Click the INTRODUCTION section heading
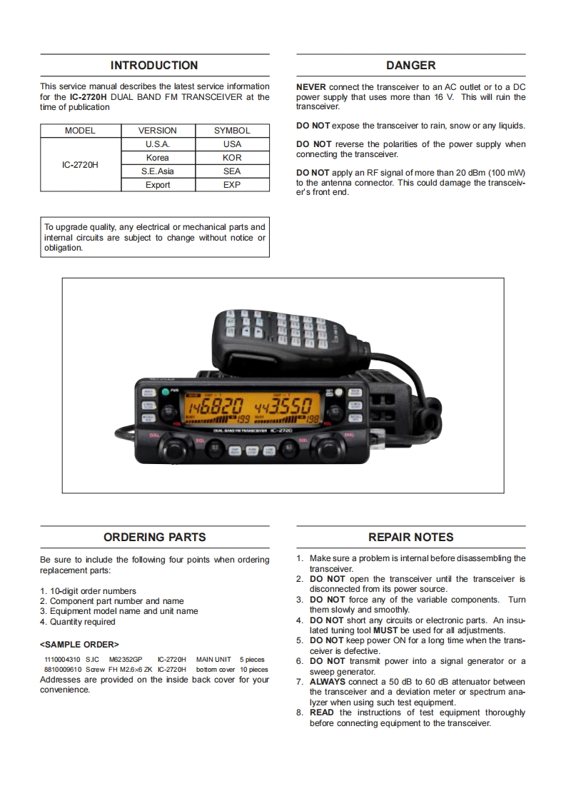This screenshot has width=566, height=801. [x=154, y=66]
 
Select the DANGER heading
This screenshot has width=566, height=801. [x=410, y=66]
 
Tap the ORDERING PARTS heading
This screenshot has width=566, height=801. [x=154, y=538]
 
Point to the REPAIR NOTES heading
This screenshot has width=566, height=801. [x=410, y=538]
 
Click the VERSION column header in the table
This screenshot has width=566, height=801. [x=157, y=131]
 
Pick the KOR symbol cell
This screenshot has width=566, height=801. [x=232, y=158]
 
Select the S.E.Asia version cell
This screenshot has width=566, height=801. [x=157, y=171]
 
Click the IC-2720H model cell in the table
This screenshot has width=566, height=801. [x=80, y=165]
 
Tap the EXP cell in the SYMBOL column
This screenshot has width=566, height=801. [x=232, y=185]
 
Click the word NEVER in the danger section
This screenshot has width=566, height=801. [x=311, y=87]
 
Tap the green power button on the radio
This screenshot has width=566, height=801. [x=164, y=391]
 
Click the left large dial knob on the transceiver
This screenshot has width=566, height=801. [x=173, y=448]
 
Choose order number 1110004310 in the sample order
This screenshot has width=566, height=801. [x=62, y=660]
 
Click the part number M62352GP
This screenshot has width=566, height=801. [x=126, y=660]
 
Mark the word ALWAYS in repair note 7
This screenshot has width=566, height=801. [x=327, y=682]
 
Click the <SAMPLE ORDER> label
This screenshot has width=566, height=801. [x=79, y=645]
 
